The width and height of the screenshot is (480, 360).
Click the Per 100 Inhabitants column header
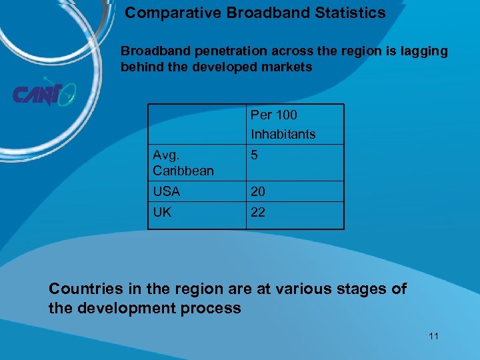point(283,124)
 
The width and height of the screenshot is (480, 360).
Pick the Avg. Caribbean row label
point(183,163)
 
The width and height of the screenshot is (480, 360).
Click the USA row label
point(167,191)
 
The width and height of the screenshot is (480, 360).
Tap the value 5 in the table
point(254,155)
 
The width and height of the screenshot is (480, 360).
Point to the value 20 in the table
point(258,191)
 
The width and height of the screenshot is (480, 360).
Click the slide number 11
point(433,336)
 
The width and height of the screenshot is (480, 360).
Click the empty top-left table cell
point(197,124)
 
